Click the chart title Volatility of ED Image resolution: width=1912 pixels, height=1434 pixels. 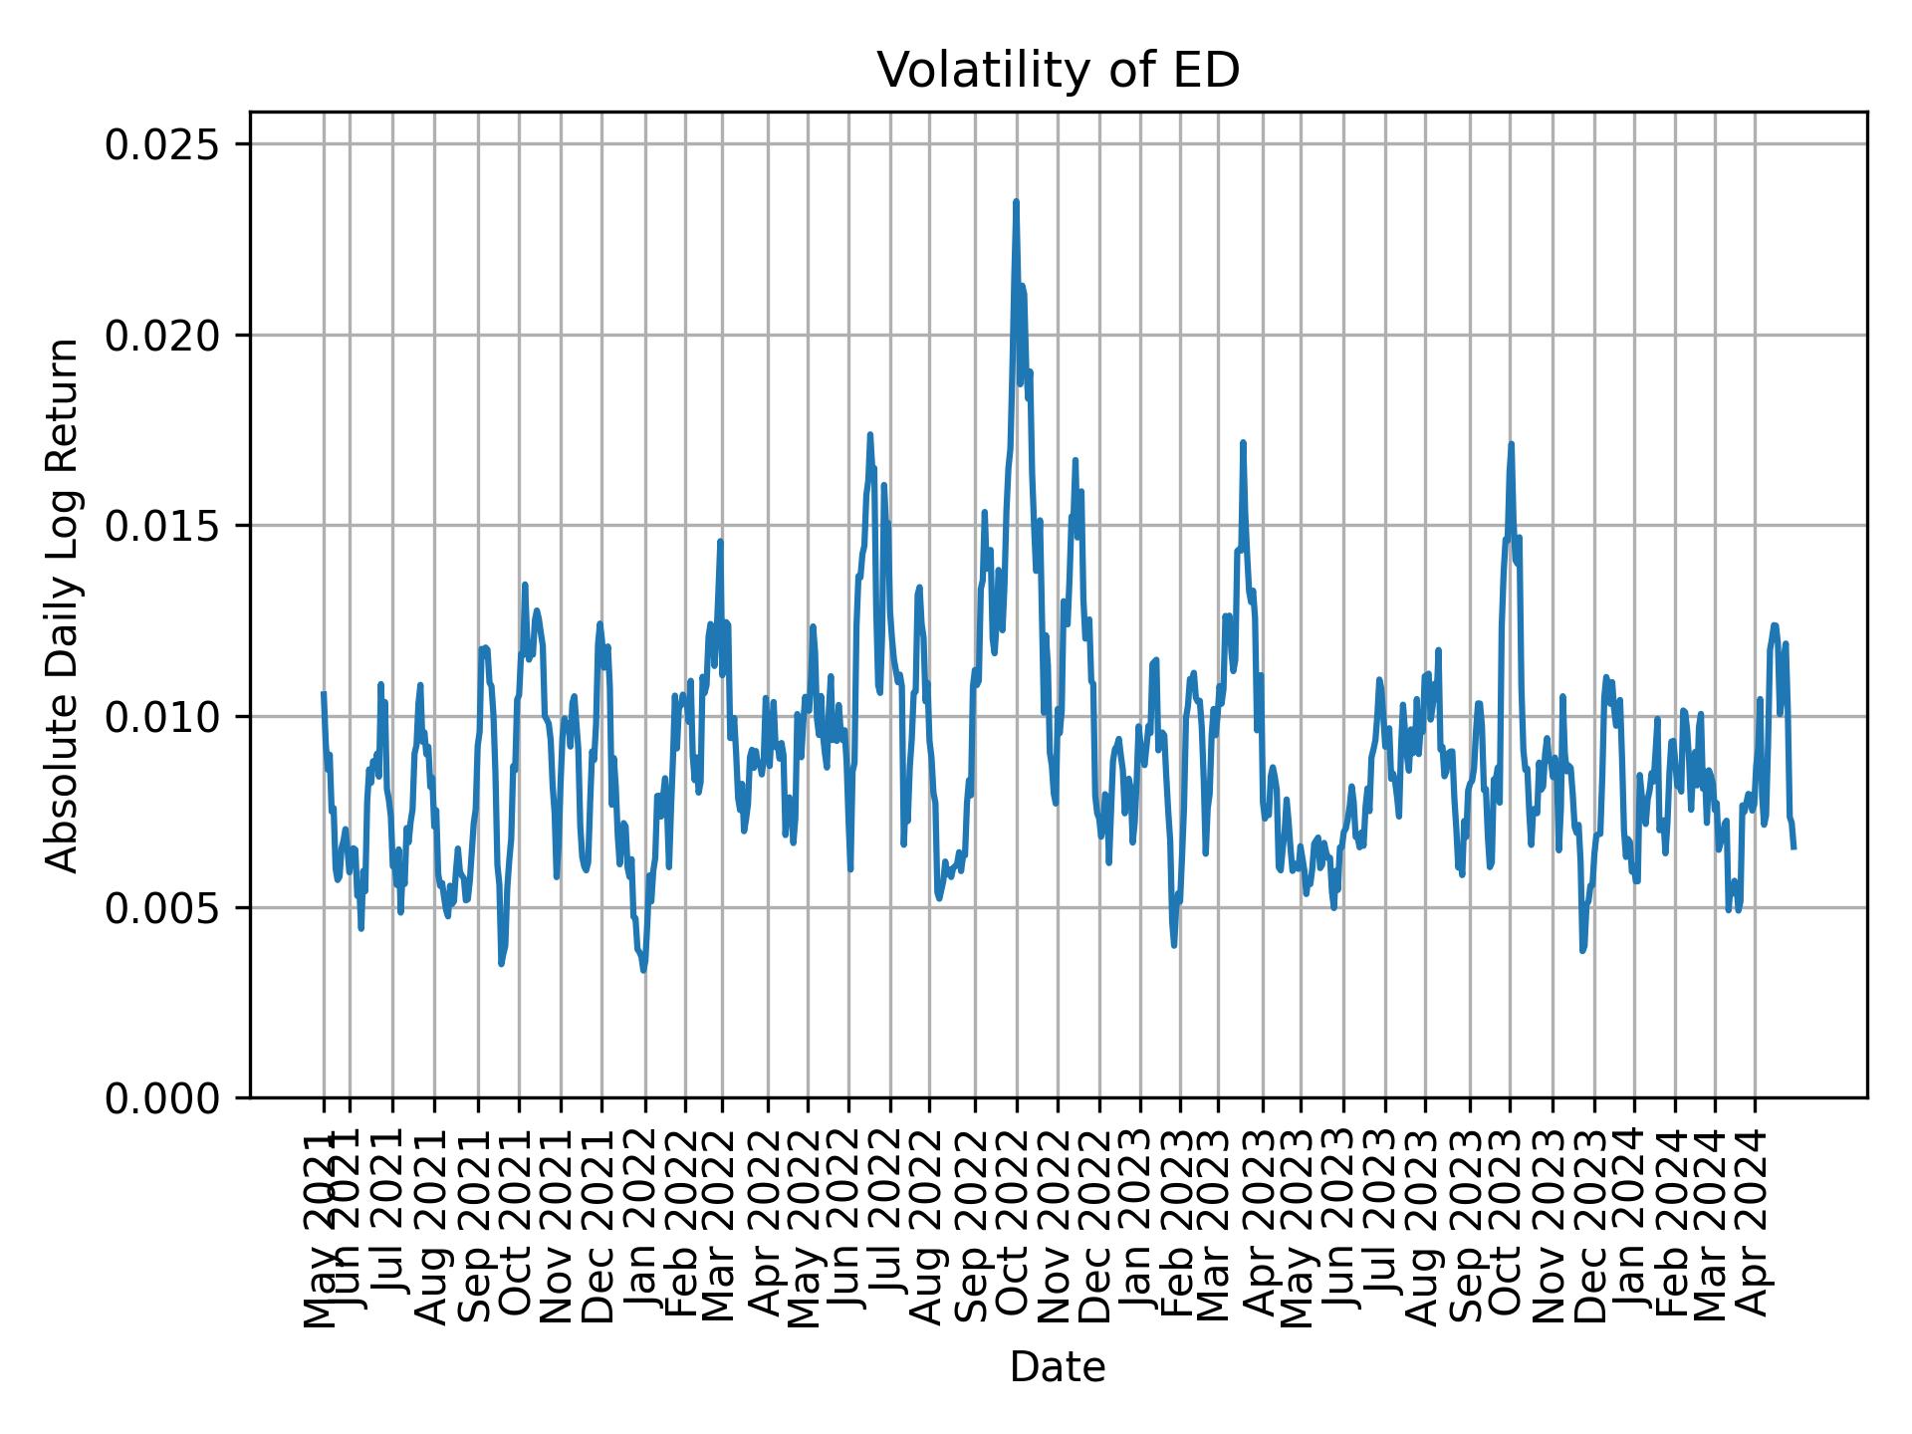click(1058, 71)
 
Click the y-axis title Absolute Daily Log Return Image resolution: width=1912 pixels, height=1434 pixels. click(64, 604)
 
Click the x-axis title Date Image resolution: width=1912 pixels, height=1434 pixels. click(1058, 1367)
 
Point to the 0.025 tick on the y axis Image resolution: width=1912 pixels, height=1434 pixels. click(161, 145)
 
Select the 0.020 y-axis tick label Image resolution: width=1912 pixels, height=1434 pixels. click(161, 336)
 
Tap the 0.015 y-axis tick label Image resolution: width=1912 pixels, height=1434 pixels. click(161, 526)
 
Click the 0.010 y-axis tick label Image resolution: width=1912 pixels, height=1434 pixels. click(161, 717)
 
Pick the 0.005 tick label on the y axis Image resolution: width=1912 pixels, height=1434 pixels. click(161, 907)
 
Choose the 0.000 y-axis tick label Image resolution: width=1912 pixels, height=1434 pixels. click(161, 1097)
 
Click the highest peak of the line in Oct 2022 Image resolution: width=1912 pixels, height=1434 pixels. click(1016, 202)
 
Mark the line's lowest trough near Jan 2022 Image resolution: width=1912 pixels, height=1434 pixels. click(644, 970)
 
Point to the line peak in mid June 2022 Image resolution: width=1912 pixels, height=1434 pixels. click(869, 434)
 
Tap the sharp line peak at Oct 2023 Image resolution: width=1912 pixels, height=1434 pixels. click(1511, 444)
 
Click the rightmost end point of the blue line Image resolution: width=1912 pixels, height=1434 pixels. click(1793, 847)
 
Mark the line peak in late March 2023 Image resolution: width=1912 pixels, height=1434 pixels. click(1243, 442)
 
